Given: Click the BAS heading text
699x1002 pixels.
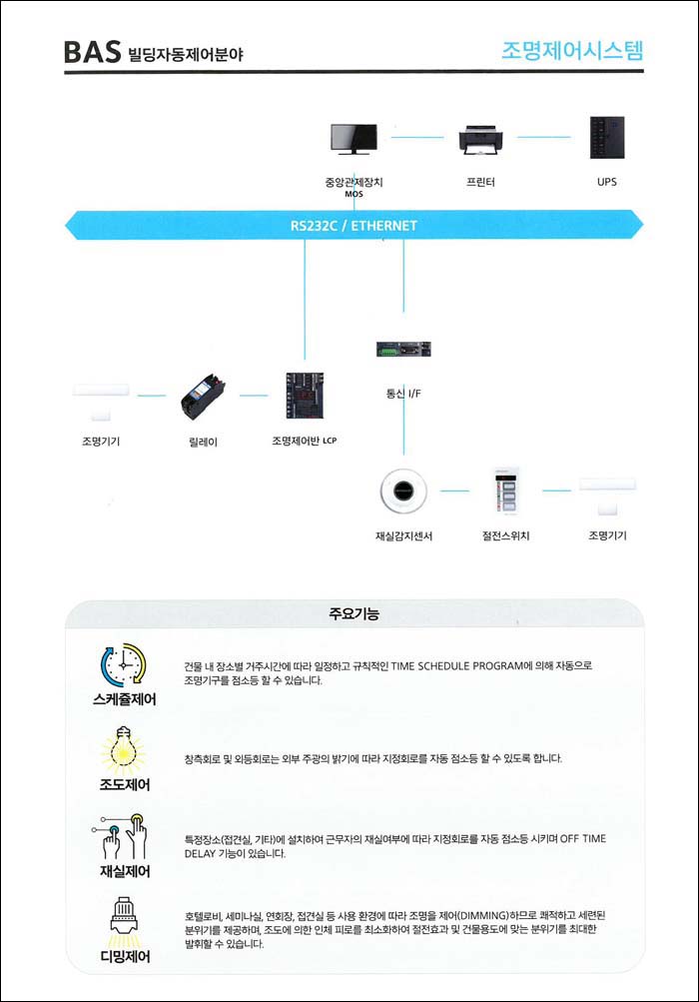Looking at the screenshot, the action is coord(92,52).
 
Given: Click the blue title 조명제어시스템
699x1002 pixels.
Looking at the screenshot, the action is coord(572,51).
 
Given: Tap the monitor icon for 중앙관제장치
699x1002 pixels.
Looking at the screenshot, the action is coord(353,139).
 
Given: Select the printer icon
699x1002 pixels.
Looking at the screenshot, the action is coord(480,140).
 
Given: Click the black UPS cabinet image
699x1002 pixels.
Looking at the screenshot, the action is coord(607,138).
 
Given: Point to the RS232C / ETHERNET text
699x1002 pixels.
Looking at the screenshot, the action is coord(353,226).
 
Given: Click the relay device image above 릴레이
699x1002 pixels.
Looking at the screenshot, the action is coord(203,397).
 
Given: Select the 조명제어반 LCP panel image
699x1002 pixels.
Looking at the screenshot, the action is coord(305,396).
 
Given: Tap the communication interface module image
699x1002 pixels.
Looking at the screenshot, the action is coord(403,349).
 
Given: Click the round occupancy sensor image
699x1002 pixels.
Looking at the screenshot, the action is coord(403,491).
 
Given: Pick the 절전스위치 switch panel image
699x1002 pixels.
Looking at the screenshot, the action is coord(505,491).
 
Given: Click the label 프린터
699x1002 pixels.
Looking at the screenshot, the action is coord(480,182).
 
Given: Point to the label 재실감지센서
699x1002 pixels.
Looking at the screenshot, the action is coord(403,536).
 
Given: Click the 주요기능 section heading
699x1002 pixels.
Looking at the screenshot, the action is coord(353,614).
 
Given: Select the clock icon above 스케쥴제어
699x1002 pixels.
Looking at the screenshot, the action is coord(124,665).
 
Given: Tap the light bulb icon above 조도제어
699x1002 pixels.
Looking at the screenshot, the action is coord(123,750).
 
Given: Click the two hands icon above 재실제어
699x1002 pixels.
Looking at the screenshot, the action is coord(122,836).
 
